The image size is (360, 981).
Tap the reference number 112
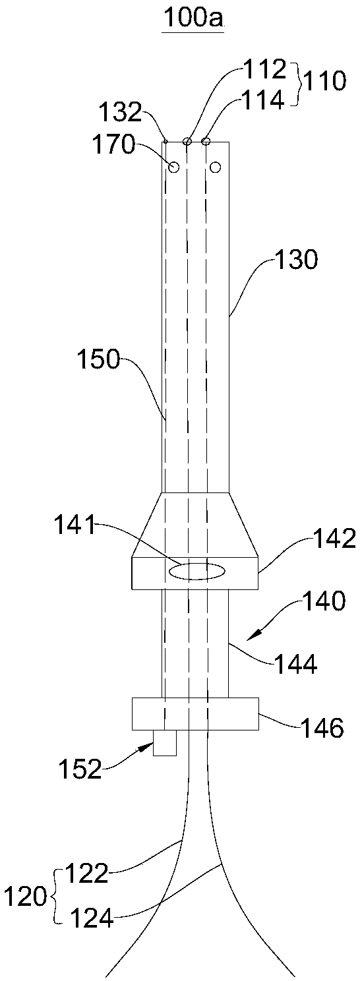pyautogui.click(x=265, y=70)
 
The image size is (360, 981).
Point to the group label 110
pyautogui.click(x=325, y=82)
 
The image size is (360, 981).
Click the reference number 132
pyautogui.click(x=121, y=113)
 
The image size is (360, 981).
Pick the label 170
pyautogui.click(x=113, y=144)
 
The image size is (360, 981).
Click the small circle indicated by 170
pyautogui.click(x=175, y=166)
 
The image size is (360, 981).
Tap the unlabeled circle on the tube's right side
pyautogui.click(x=216, y=167)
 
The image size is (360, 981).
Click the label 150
pyautogui.click(x=98, y=361)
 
